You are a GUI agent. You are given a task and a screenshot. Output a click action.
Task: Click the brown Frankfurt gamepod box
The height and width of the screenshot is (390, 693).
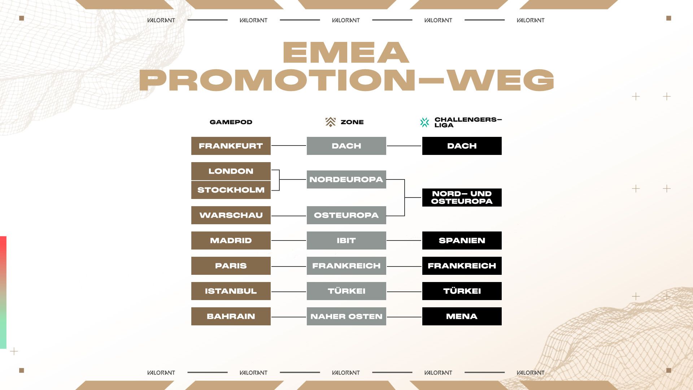click(x=231, y=146)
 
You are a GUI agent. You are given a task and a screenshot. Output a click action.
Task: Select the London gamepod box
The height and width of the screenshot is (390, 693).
click(x=231, y=171)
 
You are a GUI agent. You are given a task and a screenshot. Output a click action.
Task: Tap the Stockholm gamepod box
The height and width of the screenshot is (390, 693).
click(x=231, y=190)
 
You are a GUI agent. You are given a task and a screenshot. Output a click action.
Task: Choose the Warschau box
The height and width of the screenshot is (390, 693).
click(x=231, y=215)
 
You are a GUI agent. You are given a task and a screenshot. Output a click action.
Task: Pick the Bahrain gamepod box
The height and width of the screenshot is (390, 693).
click(x=231, y=316)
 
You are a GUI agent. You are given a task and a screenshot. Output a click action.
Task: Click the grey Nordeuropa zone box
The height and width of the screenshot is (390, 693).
click(x=346, y=179)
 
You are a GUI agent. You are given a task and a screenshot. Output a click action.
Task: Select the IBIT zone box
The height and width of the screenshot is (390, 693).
click(x=346, y=240)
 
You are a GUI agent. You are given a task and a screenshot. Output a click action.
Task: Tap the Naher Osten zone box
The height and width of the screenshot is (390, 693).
click(x=346, y=316)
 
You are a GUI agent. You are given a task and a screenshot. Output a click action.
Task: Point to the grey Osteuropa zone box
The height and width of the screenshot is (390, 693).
click(x=346, y=215)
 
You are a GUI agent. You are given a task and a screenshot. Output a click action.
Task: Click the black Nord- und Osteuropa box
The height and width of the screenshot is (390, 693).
click(x=462, y=198)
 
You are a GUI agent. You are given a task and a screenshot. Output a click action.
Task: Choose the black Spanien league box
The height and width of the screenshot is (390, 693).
click(x=462, y=240)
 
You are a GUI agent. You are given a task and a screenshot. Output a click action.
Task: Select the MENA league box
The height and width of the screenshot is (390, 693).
click(x=462, y=316)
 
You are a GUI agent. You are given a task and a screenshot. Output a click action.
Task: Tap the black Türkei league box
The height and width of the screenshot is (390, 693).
click(x=462, y=291)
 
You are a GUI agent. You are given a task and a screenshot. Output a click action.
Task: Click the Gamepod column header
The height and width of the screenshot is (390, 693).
click(x=231, y=122)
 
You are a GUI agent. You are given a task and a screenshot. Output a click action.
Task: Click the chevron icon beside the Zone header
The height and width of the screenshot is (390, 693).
click(x=330, y=122)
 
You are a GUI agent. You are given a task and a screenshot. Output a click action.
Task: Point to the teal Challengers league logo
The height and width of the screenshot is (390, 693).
click(x=425, y=122)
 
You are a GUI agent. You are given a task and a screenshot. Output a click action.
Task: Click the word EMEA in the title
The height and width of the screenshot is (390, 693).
click(x=346, y=53)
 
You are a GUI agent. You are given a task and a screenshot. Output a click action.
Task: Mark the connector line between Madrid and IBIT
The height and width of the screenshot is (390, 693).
click(x=289, y=240)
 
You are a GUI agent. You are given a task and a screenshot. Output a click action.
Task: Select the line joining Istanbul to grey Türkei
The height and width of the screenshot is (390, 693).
click(x=289, y=291)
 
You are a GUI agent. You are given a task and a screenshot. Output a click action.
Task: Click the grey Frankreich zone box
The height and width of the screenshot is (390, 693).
click(x=346, y=266)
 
